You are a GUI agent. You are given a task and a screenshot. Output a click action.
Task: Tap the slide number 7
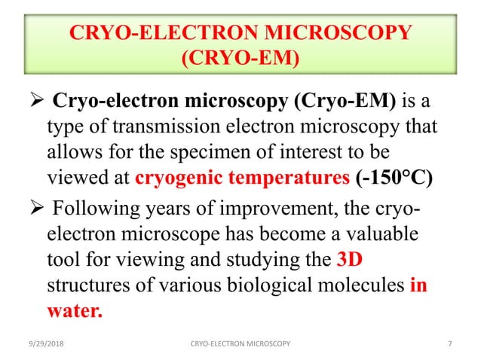click(450, 343)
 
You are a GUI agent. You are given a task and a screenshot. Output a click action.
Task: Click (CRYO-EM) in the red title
click(240, 58)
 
